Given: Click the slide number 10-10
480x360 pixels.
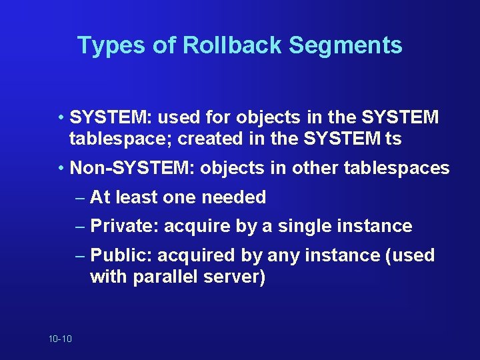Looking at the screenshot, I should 60,339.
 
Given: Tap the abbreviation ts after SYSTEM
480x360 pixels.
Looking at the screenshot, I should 394,139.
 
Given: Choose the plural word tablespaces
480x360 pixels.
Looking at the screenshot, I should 397,168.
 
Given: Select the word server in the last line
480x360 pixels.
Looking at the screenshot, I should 233,277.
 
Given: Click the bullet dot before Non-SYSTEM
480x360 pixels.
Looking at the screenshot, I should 61,168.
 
